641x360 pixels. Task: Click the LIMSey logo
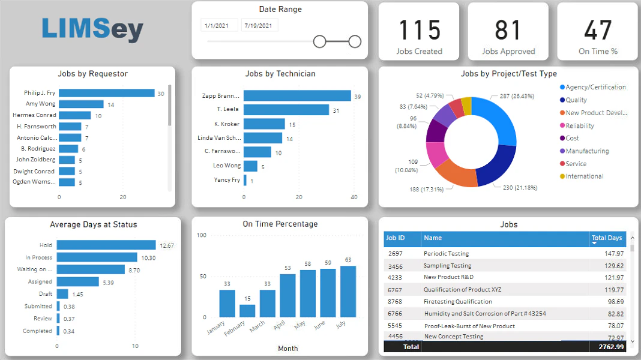[92, 29]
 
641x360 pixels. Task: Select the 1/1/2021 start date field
[219, 25]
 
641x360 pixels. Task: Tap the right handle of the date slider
[355, 41]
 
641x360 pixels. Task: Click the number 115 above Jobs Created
[420, 30]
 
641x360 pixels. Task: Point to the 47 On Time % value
[598, 30]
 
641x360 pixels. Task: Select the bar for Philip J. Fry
[107, 93]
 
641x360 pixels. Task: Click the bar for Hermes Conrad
[75, 115]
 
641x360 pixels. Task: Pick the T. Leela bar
[286, 110]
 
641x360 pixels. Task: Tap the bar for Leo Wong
[251, 166]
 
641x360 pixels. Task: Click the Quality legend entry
[573, 100]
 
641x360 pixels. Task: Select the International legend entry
[582, 176]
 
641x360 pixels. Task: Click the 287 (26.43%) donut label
[517, 97]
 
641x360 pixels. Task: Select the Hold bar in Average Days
[106, 245]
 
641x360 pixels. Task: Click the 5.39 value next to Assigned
[108, 283]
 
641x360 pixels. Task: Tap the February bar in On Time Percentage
[247, 311]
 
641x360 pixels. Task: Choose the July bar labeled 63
[348, 292]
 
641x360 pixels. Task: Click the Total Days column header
[607, 238]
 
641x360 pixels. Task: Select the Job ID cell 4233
[395, 277]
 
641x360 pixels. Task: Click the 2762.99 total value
[611, 347]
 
